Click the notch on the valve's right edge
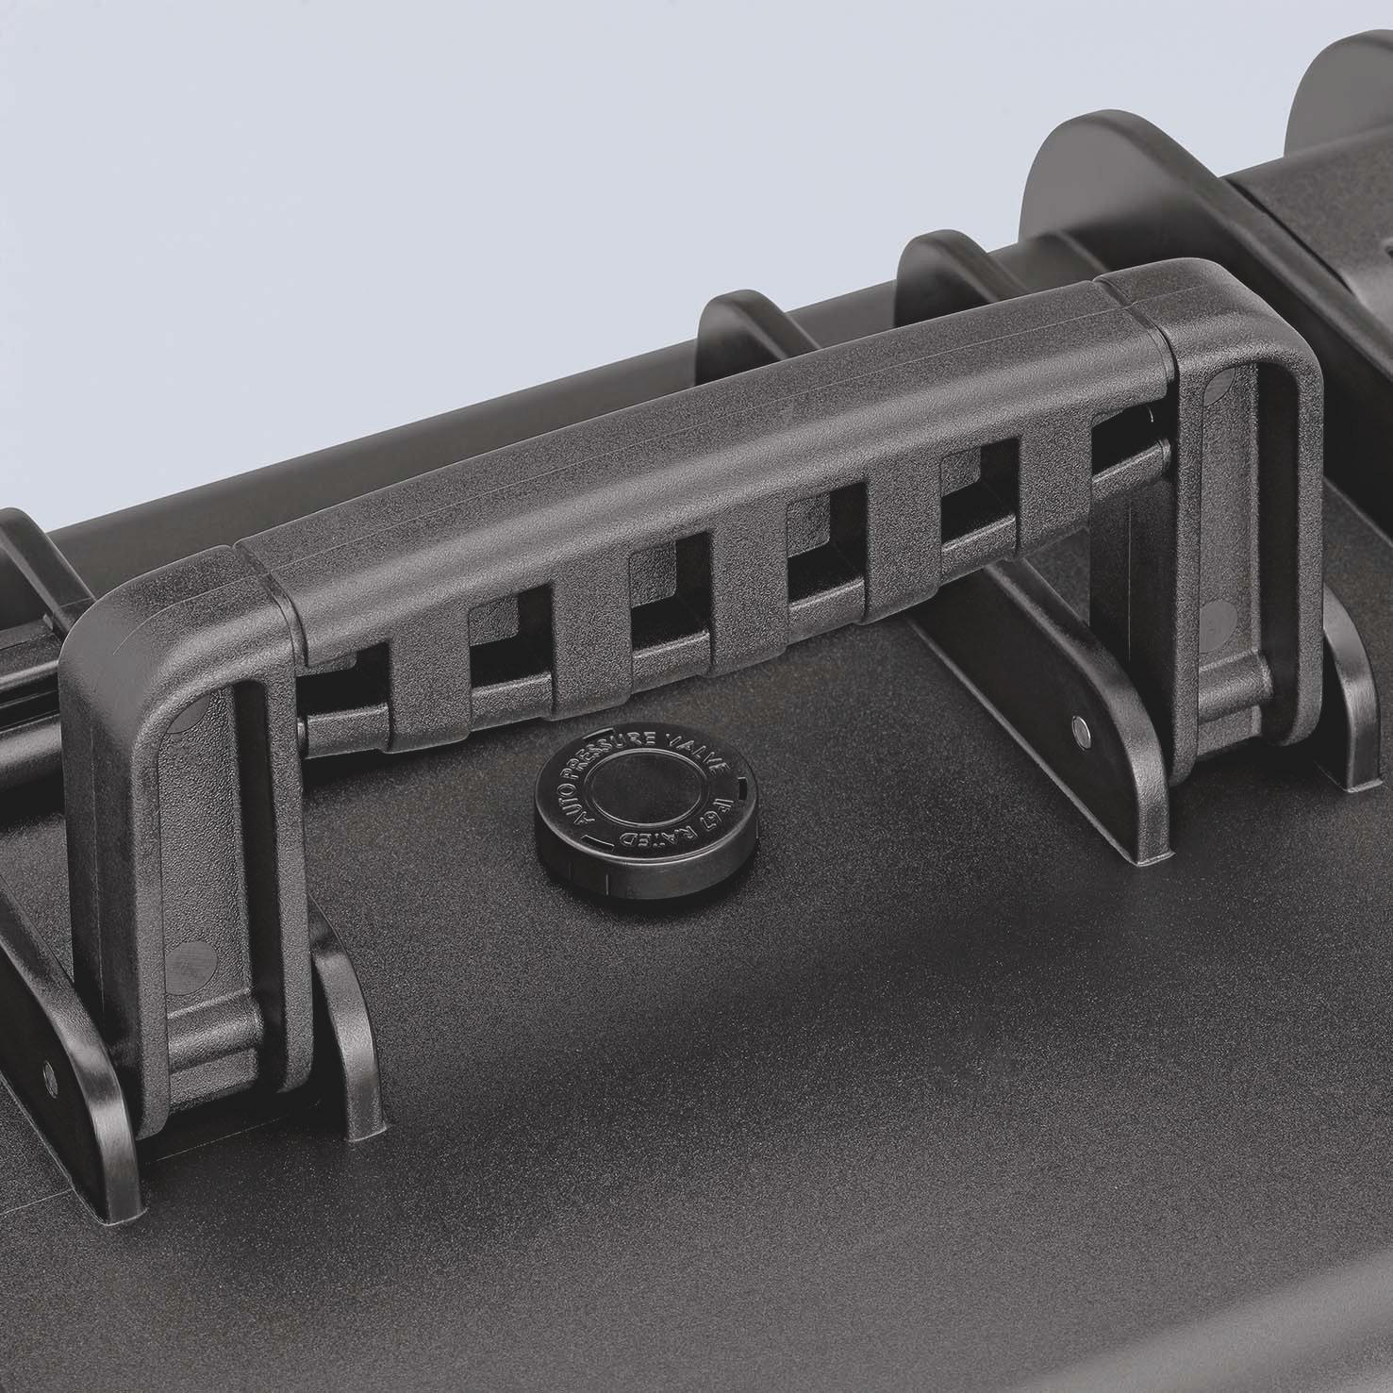pyautogui.click(x=746, y=782)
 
